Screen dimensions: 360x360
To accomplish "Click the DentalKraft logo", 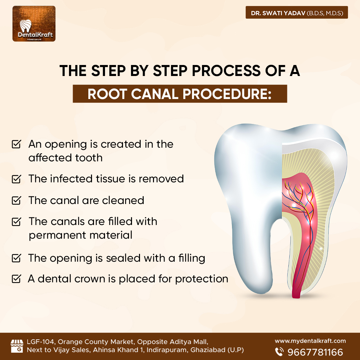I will pos(34,24).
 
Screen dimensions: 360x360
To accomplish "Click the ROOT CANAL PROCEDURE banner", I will pos(180,94).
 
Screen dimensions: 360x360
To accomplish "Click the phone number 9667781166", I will pos(315,352).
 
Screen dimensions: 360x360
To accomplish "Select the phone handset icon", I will pos(279,352).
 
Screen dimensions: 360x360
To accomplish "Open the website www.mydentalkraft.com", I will pos(310,341).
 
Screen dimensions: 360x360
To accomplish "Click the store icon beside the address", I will pos(17,346).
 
